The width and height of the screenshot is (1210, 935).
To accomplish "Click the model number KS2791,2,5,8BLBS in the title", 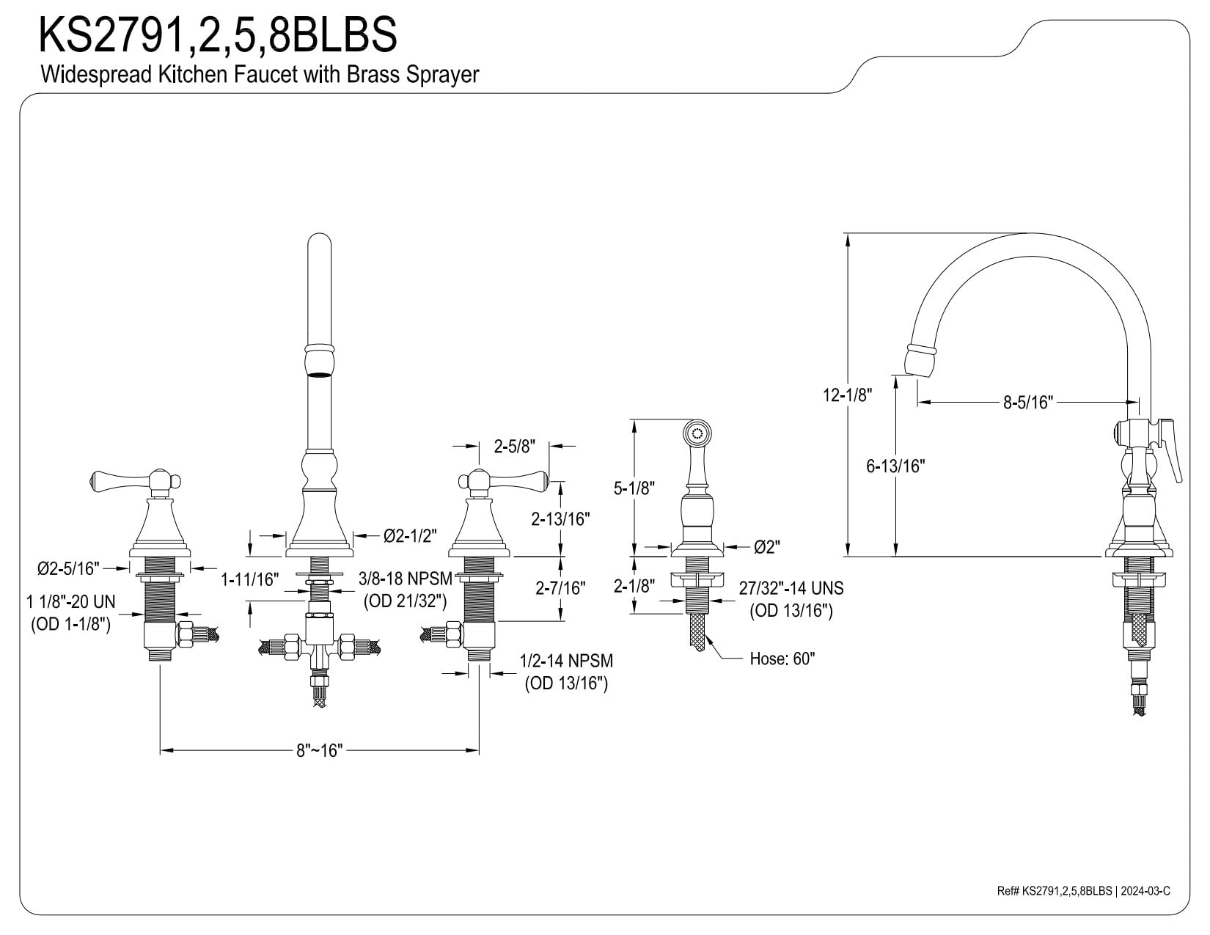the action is tap(218, 34).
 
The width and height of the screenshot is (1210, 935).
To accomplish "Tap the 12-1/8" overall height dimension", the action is tap(847, 395).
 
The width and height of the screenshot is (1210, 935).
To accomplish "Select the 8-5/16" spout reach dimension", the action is tap(1028, 402).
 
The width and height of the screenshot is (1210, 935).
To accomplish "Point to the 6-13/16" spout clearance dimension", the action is tap(895, 466).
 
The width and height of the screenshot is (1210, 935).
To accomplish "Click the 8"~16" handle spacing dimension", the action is tap(319, 750).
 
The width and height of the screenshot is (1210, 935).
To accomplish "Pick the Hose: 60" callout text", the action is tap(782, 659).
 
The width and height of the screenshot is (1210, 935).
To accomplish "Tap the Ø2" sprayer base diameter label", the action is tap(767, 547).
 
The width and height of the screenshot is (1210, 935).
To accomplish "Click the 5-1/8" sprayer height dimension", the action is tap(634, 488).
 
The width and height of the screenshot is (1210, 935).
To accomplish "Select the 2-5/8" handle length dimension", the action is tap(515, 446).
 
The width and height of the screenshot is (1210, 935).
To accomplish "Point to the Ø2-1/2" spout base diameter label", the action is tap(410, 536).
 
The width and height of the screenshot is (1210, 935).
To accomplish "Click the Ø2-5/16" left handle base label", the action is tap(68, 568).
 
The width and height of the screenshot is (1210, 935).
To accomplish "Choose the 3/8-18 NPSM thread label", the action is tap(406, 579).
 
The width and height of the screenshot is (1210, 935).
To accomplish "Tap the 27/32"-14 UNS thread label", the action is tap(791, 588).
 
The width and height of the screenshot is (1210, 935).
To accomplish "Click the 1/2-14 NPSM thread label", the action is tap(566, 661).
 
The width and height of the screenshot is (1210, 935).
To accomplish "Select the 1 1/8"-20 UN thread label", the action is tap(70, 602).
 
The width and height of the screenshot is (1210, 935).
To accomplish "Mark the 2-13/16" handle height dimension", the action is tap(560, 519).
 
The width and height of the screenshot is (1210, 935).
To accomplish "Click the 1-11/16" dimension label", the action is tap(249, 580).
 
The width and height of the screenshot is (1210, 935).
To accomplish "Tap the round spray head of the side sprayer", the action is tap(697, 433).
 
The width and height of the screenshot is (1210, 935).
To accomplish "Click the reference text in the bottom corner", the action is tap(1083, 906).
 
